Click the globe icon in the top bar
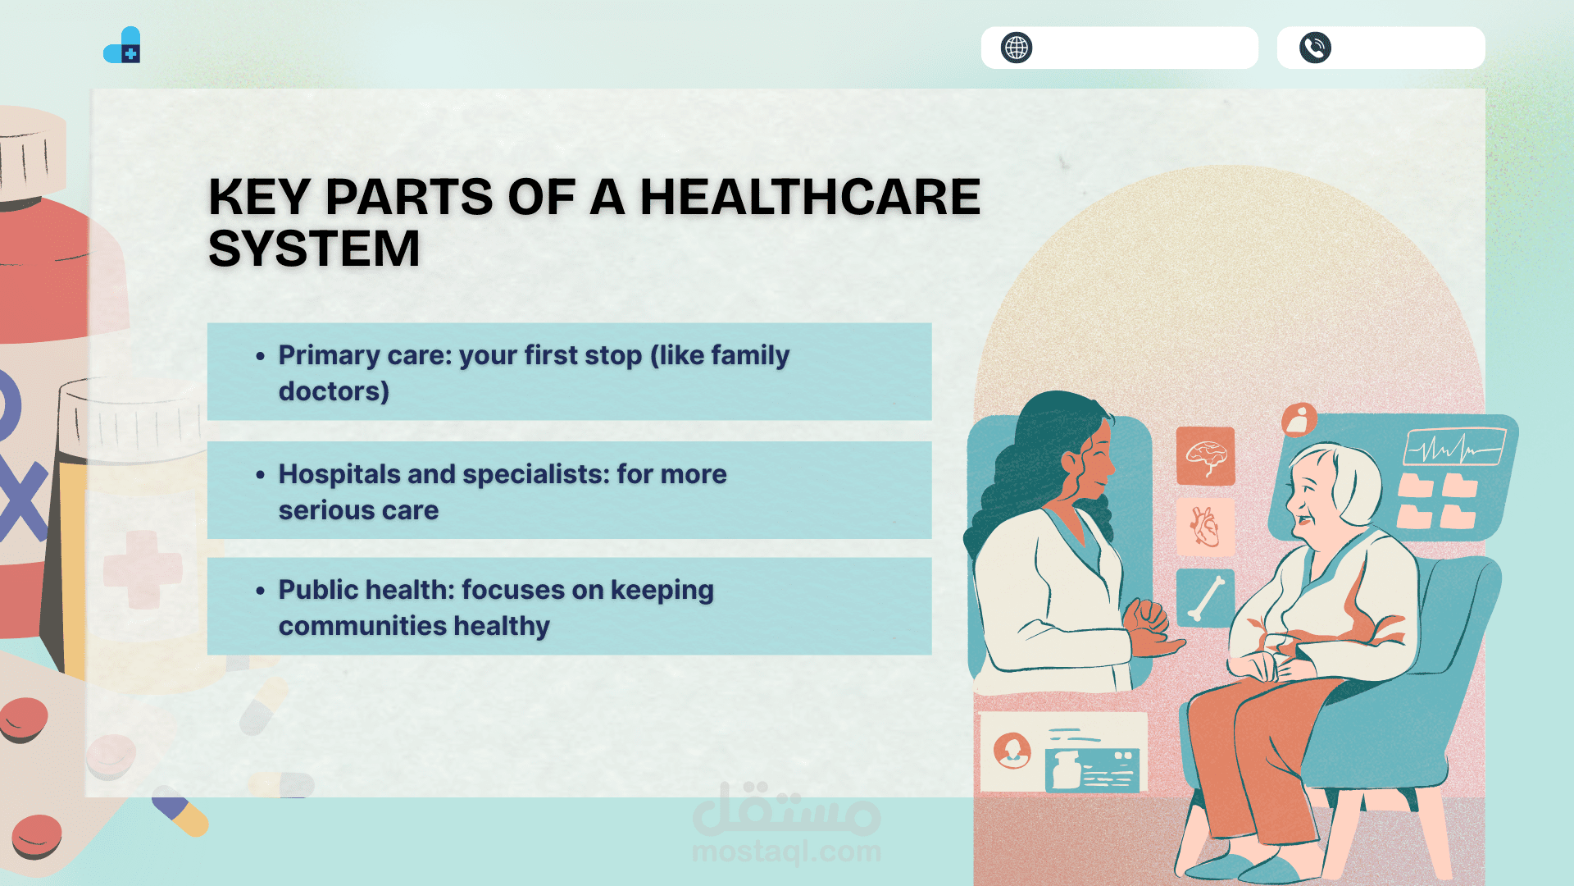[x=1017, y=48]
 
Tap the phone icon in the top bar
[x=1315, y=48]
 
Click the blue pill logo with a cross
[x=122, y=45]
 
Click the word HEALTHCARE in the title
[x=810, y=197]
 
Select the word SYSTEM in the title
[x=314, y=249]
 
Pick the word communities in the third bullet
[x=362, y=626]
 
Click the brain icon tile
[x=1205, y=456]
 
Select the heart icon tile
[x=1205, y=527]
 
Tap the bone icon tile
[x=1205, y=597]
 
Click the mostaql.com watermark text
[x=786, y=852]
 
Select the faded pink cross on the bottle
[x=143, y=569]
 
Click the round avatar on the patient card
[x=1012, y=751]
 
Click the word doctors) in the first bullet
[x=334, y=392]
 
